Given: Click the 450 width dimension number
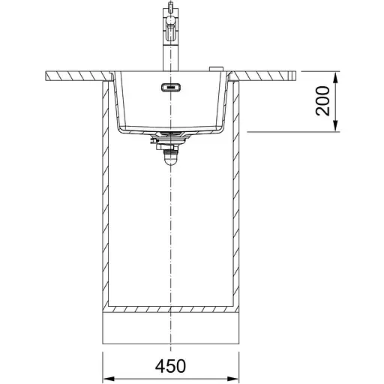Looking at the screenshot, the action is coord(170,366).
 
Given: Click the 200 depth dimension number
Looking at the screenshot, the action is coord(322,100).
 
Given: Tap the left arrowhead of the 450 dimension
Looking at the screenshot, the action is coord(109,379).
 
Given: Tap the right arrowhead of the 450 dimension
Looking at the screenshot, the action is coord(233,379).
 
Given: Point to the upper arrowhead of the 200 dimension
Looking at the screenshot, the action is coord(335,77).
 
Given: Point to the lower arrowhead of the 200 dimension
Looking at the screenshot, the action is coord(335,125).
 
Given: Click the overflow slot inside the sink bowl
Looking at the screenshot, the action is coord(171,88).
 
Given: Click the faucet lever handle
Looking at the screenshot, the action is coord(171,31).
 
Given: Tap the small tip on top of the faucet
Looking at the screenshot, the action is coord(170,6).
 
